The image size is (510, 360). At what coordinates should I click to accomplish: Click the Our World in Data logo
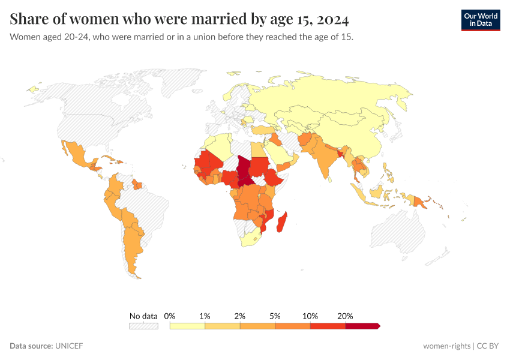click(x=480, y=20)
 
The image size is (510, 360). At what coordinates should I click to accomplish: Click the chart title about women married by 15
click(x=179, y=19)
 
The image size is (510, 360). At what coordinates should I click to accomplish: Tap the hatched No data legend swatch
click(x=143, y=326)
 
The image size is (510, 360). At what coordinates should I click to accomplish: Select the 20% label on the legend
click(x=345, y=316)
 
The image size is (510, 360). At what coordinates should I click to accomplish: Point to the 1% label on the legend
click(x=205, y=316)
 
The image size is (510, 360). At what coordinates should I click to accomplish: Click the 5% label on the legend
click(x=275, y=316)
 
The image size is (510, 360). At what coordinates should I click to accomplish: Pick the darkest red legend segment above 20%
click(x=362, y=326)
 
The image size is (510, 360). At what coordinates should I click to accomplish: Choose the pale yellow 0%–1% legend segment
click(x=187, y=326)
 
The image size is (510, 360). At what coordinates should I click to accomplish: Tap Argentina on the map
click(x=133, y=246)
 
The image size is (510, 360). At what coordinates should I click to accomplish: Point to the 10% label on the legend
click(x=310, y=316)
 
